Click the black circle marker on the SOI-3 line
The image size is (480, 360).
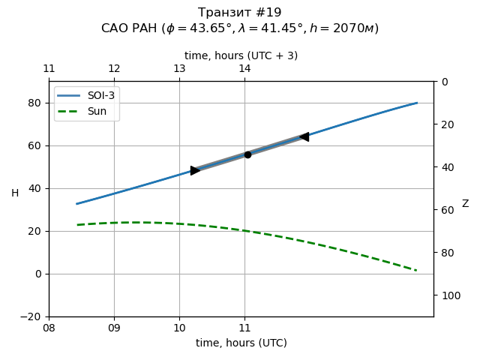247,154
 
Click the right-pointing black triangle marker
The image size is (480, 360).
195,170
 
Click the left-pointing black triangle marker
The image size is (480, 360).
304,136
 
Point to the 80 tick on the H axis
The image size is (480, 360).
37,103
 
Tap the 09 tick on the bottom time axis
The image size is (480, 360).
114,328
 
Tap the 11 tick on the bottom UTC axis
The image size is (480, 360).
244,328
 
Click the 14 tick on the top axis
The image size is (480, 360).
244,69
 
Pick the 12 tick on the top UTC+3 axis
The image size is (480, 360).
114,69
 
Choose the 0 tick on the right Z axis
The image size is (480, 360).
442,82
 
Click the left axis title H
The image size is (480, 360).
15,193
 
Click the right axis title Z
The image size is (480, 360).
465,204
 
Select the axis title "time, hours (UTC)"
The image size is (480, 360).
241,343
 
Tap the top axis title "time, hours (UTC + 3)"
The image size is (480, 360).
241,55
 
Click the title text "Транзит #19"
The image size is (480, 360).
240,13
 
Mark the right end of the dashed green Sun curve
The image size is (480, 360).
416,270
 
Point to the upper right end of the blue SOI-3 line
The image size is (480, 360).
417,103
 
